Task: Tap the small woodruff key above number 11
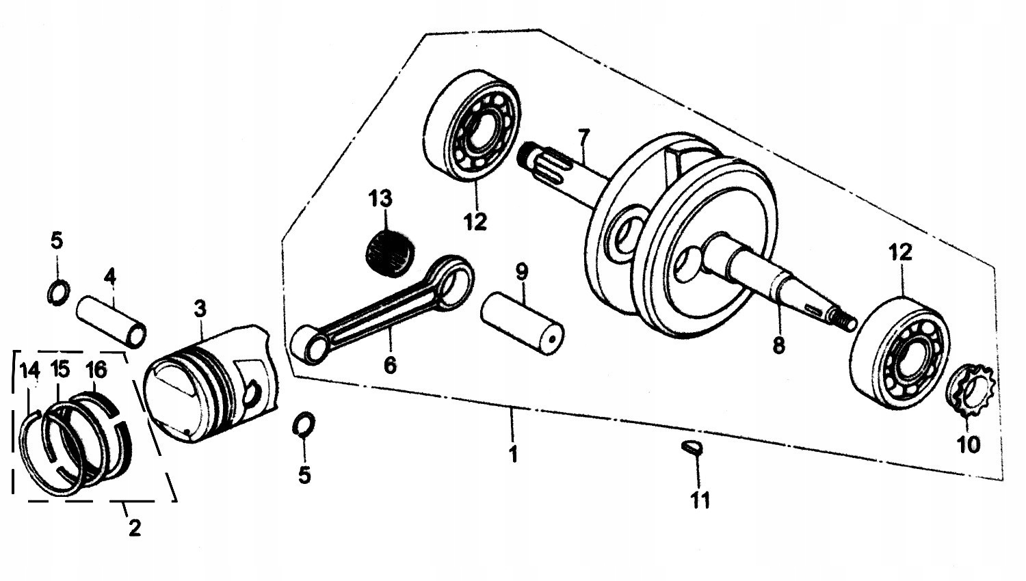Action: [x=692, y=448]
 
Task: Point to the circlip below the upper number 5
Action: [x=58, y=291]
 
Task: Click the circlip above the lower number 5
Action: [x=303, y=424]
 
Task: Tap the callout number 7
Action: [x=583, y=138]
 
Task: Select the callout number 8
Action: [x=778, y=346]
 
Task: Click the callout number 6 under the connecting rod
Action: [x=390, y=365]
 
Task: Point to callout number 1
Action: [x=514, y=453]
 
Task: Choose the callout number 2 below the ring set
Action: [x=134, y=527]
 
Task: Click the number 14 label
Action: [x=30, y=370]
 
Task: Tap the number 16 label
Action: [x=96, y=370]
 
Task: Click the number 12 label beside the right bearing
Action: [x=900, y=252]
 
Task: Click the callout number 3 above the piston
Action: [x=199, y=309]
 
